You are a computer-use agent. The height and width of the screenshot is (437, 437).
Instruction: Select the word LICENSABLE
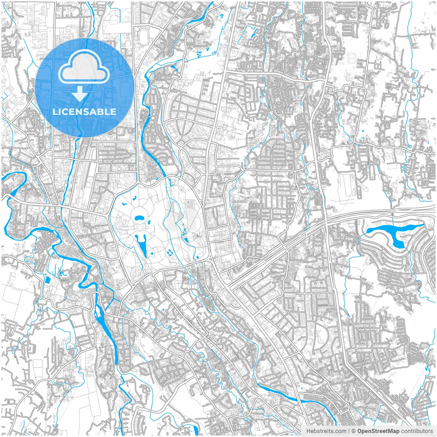84,112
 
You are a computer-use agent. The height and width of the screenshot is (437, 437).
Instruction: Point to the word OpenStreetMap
378,431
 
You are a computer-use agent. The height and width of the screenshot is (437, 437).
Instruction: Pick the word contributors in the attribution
417,431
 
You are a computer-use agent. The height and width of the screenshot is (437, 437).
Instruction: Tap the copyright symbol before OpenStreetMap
354,431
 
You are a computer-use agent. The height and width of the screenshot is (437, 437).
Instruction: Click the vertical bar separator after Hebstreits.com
349,431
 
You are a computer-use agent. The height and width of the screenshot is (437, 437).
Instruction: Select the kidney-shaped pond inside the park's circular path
139,218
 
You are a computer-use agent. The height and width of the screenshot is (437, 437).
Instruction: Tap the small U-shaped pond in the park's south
170,253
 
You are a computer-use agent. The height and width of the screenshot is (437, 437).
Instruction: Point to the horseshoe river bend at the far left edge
15,184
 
